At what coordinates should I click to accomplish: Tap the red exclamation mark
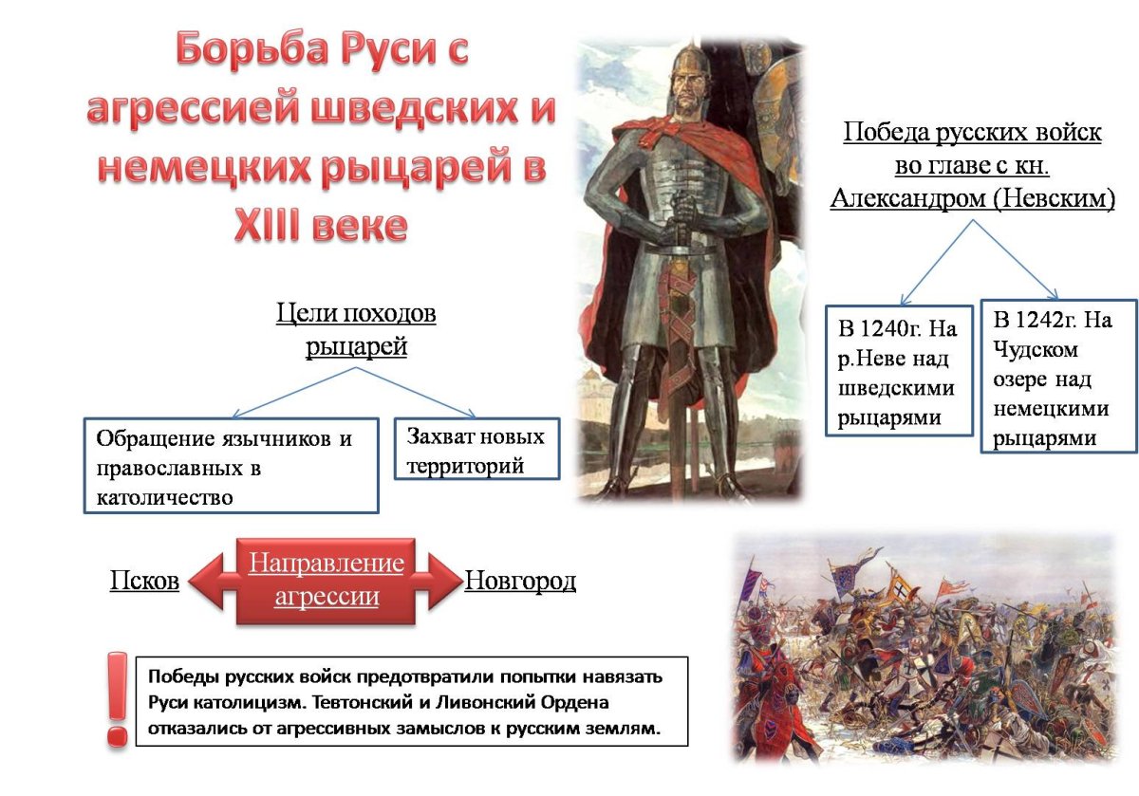[x=118, y=697]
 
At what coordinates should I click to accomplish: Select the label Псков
[x=144, y=582]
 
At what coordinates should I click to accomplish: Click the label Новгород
[x=520, y=582]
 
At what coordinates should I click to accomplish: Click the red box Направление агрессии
[x=326, y=581]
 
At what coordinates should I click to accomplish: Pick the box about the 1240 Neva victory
[x=898, y=371]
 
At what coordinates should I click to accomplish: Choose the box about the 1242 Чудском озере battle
[x=1057, y=376]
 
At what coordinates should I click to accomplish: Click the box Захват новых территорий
[x=476, y=451]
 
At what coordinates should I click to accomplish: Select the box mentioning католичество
[x=231, y=466]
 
